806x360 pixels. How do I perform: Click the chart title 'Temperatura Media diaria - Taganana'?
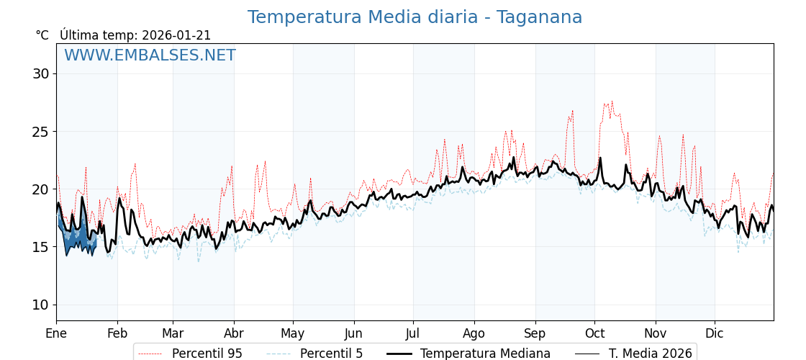[415, 17]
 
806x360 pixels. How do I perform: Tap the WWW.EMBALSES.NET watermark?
[150, 55]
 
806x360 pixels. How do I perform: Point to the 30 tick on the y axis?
[40, 73]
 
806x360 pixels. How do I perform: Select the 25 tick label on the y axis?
[40, 132]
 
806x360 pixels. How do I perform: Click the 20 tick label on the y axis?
[40, 189]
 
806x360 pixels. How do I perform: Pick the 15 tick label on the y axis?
[40, 247]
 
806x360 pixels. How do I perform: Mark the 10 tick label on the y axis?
[40, 305]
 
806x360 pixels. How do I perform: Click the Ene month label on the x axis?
[56, 333]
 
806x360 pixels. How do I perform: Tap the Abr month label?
[234, 333]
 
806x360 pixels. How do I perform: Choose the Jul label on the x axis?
[413, 333]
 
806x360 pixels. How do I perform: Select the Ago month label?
[474, 333]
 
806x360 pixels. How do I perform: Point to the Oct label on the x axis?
[594, 333]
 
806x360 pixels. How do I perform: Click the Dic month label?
[715, 333]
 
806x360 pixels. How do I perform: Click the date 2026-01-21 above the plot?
[176, 35]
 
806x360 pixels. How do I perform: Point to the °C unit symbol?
[42, 35]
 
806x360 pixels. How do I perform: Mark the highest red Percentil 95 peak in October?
[612, 101]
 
